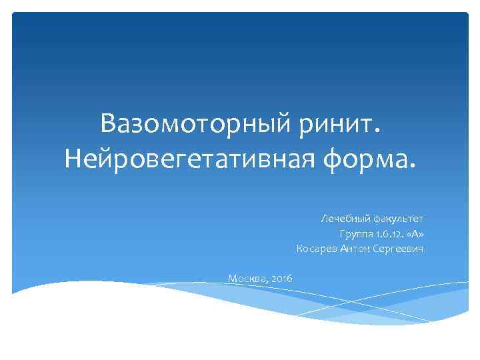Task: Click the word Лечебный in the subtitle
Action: click(343, 219)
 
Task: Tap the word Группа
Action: click(357, 234)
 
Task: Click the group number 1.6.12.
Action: click(391, 234)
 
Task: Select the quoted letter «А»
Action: click(415, 234)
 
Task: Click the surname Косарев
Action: click(317, 249)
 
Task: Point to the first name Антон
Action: click(354, 249)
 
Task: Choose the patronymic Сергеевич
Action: click(398, 249)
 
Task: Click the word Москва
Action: click(247, 278)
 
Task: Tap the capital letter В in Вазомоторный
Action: click(109, 124)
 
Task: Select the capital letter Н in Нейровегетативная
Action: click(74, 160)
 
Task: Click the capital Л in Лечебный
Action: click(323, 219)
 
